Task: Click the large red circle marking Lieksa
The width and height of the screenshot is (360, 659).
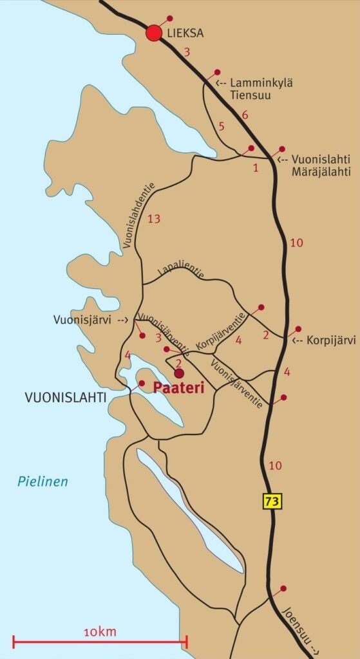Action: (154, 33)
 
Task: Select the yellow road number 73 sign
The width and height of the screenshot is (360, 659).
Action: (272, 500)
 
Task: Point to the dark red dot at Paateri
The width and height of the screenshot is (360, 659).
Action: (179, 373)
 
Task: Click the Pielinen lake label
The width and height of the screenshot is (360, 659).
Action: (43, 481)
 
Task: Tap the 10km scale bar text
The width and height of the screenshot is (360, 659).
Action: (99, 632)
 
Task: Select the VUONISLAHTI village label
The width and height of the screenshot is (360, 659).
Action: (65, 398)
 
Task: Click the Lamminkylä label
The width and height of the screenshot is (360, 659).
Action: (261, 83)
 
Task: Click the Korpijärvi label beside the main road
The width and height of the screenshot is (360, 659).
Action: (331, 340)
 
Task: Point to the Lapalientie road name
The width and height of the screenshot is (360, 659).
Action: (181, 270)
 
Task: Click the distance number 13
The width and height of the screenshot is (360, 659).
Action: (153, 219)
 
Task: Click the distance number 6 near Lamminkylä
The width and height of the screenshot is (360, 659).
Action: (244, 116)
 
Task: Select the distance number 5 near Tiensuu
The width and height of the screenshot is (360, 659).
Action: (222, 126)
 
